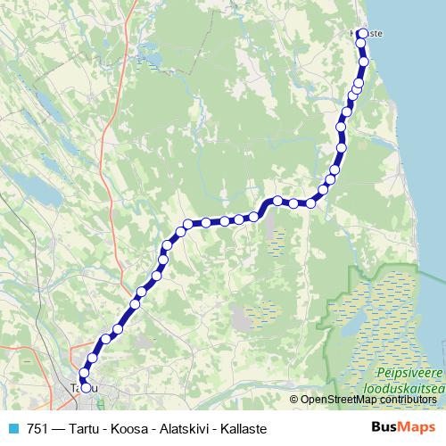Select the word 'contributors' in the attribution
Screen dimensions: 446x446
coord(407,400)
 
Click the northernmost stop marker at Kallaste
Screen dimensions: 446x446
coord(361,34)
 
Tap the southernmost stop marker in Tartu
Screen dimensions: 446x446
coord(86,387)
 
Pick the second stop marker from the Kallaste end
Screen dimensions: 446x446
coord(362,42)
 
